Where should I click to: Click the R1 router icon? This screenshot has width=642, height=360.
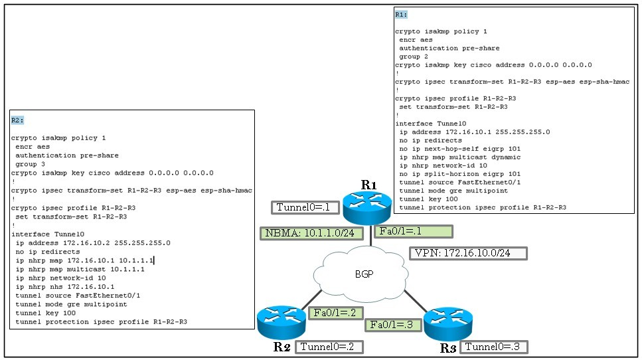coord(367,208)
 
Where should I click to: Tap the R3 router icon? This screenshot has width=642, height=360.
coord(448,324)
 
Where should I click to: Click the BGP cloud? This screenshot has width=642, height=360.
coord(361,274)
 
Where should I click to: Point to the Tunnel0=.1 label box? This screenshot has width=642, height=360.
coord(305,208)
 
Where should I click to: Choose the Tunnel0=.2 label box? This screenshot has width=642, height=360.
coord(329,347)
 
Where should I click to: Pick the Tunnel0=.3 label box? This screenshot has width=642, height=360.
coord(494,347)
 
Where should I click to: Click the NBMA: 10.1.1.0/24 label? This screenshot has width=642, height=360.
coord(311,233)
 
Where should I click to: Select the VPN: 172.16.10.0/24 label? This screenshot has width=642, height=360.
coord(468,253)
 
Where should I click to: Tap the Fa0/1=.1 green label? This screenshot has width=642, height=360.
coord(414,231)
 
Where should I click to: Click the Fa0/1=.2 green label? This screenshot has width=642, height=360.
coord(335,313)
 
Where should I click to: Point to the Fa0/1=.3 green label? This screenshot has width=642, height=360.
coord(392,325)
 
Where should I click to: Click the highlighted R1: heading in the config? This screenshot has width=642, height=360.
coord(401,15)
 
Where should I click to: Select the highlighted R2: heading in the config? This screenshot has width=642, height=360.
coord(17,120)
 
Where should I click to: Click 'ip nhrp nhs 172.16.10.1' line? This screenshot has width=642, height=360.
coord(65,287)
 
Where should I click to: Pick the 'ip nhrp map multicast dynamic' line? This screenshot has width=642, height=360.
coord(460,157)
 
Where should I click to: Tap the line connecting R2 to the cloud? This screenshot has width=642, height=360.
coord(311,300)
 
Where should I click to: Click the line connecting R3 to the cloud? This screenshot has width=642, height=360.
coord(416,302)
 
